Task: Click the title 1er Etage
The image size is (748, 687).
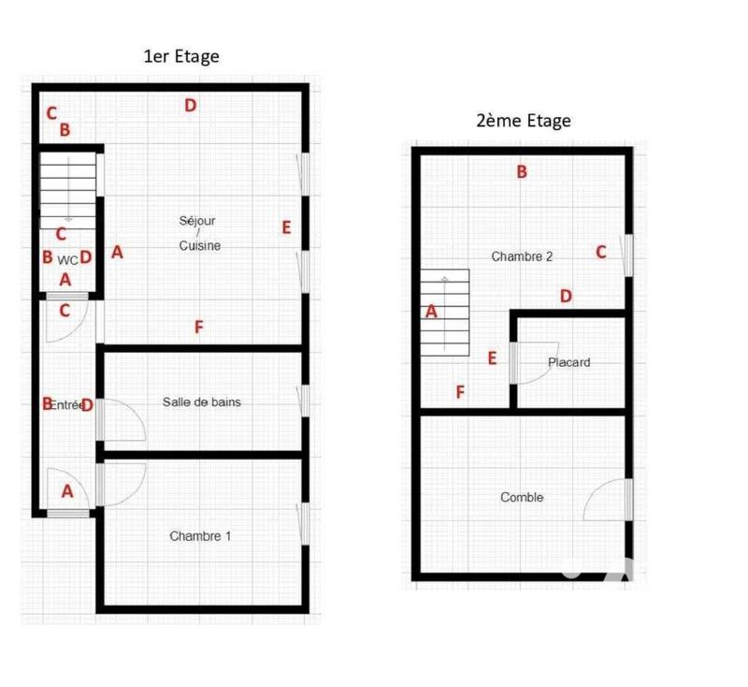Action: pyautogui.click(x=181, y=56)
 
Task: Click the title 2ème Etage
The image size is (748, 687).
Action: pyautogui.click(x=523, y=121)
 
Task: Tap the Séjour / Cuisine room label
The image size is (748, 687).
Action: pyautogui.click(x=199, y=233)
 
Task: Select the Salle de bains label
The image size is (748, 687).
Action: pyautogui.click(x=201, y=402)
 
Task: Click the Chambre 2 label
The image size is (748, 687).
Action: pyautogui.click(x=522, y=256)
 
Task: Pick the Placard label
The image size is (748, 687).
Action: pyautogui.click(x=568, y=362)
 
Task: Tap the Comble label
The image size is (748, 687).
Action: pyautogui.click(x=522, y=498)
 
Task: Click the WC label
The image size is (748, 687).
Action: pyautogui.click(x=67, y=259)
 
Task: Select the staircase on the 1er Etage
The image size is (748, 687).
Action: pyautogui.click(x=67, y=191)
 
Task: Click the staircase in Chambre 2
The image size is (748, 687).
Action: pyautogui.click(x=444, y=314)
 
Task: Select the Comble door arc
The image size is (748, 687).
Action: pyautogui.click(x=606, y=500)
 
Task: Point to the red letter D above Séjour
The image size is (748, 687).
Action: pyautogui.click(x=190, y=106)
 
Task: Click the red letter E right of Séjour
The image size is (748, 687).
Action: pyautogui.click(x=286, y=227)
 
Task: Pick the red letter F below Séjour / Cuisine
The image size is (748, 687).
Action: pyautogui.click(x=198, y=327)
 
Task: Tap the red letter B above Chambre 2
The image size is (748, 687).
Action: pyautogui.click(x=522, y=171)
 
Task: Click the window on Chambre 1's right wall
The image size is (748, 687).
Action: pyautogui.click(x=303, y=521)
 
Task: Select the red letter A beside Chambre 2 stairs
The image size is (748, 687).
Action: pyautogui.click(x=431, y=312)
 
